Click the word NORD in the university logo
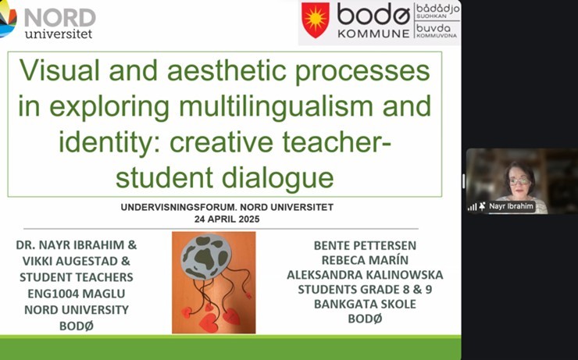pyautogui.click(x=60, y=17)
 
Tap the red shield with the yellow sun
pyautogui.click(x=316, y=20)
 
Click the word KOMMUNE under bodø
pyautogui.click(x=373, y=34)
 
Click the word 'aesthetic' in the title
pyautogui.click(x=227, y=70)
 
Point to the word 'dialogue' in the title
pyautogui.click(x=277, y=177)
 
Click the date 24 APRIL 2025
pyautogui.click(x=227, y=219)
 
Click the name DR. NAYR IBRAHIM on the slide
pyautogui.click(x=71, y=245)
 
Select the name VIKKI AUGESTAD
pyautogui.click(x=70, y=262)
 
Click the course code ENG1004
pyautogui.click(x=52, y=294)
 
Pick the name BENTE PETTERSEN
pyautogui.click(x=365, y=245)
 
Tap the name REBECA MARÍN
pyautogui.click(x=365, y=260)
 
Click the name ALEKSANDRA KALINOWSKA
pyautogui.click(x=365, y=275)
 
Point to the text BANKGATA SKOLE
pyautogui.click(x=365, y=304)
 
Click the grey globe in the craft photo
pyautogui.click(x=205, y=257)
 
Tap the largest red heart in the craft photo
pyautogui.click(x=209, y=323)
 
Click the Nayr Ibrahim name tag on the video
pyautogui.click(x=512, y=206)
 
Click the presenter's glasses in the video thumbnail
pyautogui.click(x=519, y=181)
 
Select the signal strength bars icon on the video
pyautogui.click(x=473, y=207)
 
